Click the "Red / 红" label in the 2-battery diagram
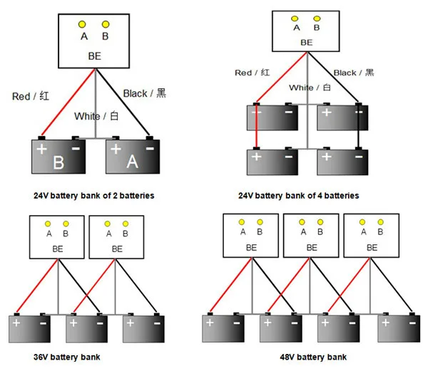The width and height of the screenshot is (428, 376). pyautogui.click(x=32, y=96)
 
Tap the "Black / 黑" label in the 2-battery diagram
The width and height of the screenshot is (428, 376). pyautogui.click(x=144, y=93)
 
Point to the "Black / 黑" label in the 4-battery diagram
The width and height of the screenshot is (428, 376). pyautogui.click(x=354, y=72)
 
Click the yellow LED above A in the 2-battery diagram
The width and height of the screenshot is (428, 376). pyautogui.click(x=83, y=24)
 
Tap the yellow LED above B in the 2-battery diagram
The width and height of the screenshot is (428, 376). pyautogui.click(x=105, y=24)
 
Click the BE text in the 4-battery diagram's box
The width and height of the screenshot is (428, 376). pyautogui.click(x=307, y=43)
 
